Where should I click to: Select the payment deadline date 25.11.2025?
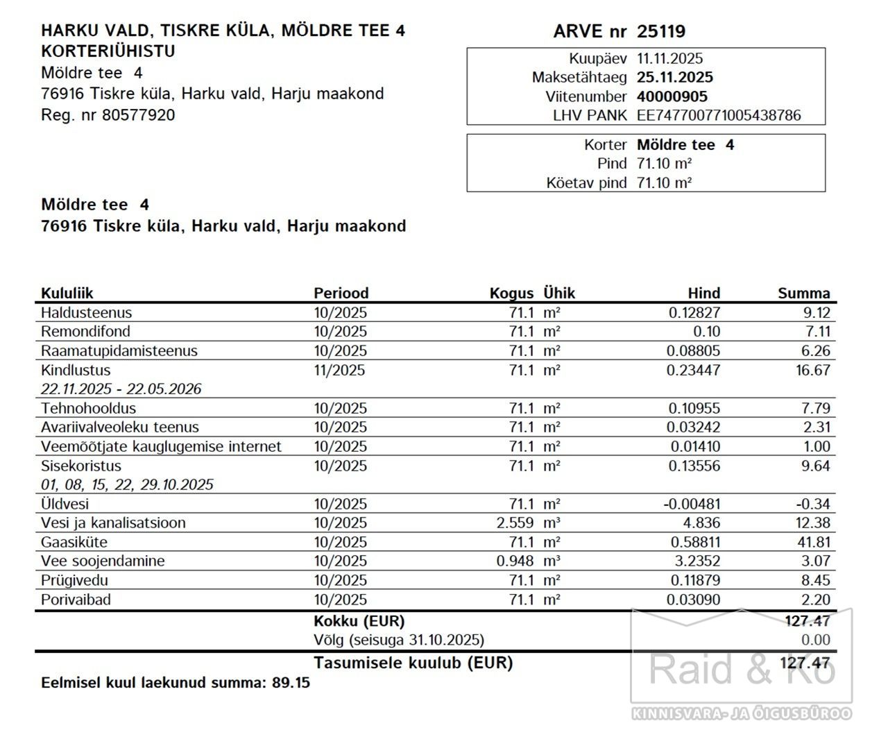[x=674, y=77]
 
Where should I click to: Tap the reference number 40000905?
[x=672, y=96]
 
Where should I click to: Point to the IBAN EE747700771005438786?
[x=718, y=115]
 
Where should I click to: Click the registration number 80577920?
[x=138, y=115]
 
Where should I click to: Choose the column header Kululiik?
[x=67, y=293]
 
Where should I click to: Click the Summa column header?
[x=803, y=293]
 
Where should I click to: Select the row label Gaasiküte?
[x=74, y=542]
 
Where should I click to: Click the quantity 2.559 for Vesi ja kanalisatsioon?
[x=515, y=523]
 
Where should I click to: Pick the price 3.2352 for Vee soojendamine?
[x=694, y=561]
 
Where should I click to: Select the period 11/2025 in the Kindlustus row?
[x=339, y=370]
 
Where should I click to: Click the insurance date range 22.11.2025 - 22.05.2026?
[x=121, y=389]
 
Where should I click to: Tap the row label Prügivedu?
[x=74, y=580]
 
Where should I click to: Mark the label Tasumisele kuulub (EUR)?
[x=413, y=663]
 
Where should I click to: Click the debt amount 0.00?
[x=815, y=640]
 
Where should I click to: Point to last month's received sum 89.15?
[x=291, y=683]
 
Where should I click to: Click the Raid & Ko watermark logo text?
[x=740, y=668]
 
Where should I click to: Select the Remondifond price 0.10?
[x=706, y=332]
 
